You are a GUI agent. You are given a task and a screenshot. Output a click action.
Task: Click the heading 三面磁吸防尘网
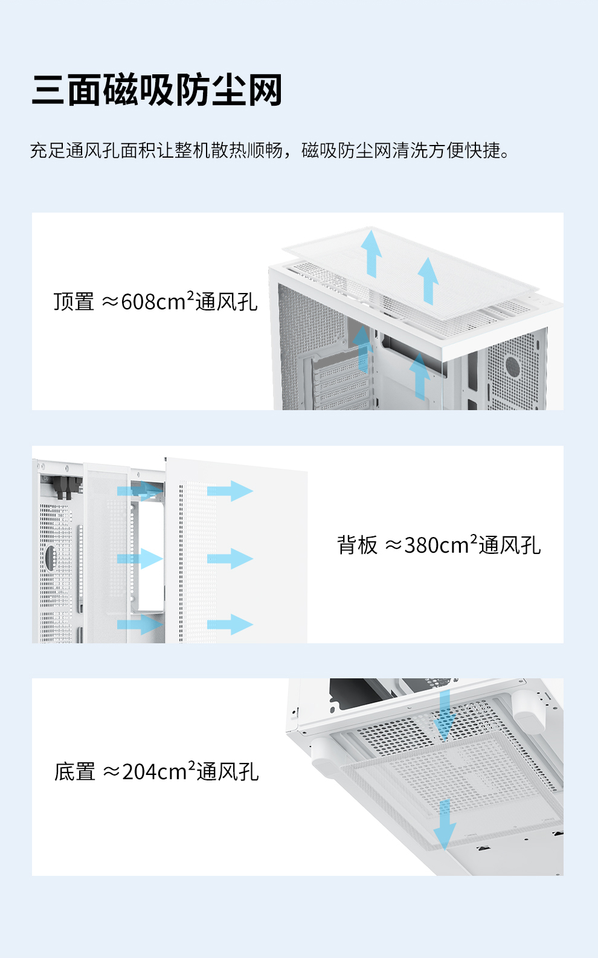coord(157,91)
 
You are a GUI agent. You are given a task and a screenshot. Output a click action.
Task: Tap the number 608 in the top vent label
coord(138,301)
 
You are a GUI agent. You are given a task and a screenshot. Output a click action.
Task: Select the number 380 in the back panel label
coord(421,545)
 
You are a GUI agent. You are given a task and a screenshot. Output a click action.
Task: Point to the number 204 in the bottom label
coord(140,772)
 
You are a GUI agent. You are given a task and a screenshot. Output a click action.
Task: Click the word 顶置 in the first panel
coord(74,301)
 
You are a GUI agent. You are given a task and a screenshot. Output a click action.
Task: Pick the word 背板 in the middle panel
coord(357,545)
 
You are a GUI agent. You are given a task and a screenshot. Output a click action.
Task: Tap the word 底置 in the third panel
coord(75,772)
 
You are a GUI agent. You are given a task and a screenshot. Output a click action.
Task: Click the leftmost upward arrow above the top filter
coord(371,251)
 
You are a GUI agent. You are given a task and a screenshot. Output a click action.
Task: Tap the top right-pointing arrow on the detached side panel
coord(231,490)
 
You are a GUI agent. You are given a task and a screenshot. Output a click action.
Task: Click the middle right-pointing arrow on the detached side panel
coord(231,559)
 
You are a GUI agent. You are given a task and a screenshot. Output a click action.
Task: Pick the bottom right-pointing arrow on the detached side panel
coord(231,625)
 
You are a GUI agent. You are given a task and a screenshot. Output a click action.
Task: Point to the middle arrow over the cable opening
coord(140,559)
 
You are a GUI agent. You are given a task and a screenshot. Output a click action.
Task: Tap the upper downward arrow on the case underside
coord(445,716)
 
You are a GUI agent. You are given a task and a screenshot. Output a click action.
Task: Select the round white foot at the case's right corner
coord(529,711)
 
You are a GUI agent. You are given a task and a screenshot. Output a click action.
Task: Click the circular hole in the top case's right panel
coord(513,365)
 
